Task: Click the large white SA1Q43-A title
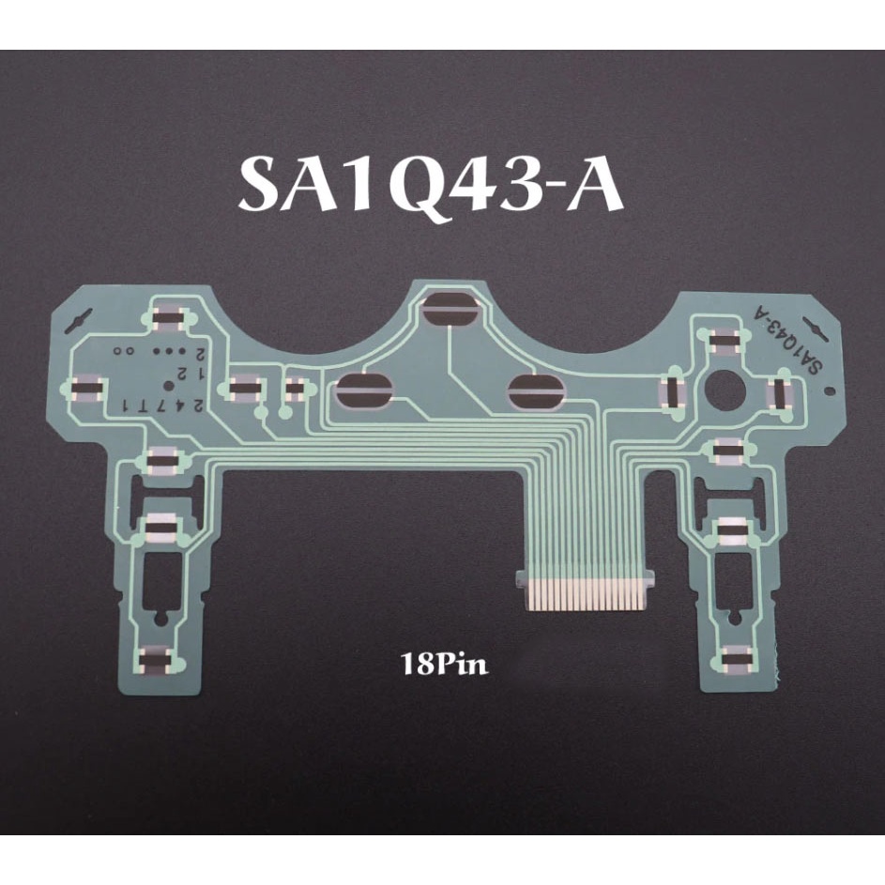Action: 433,186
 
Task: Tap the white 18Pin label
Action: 444,664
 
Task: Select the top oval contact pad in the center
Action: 450,310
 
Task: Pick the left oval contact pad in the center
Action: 363,390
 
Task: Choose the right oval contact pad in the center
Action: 536,390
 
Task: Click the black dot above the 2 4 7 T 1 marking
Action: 168,386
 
